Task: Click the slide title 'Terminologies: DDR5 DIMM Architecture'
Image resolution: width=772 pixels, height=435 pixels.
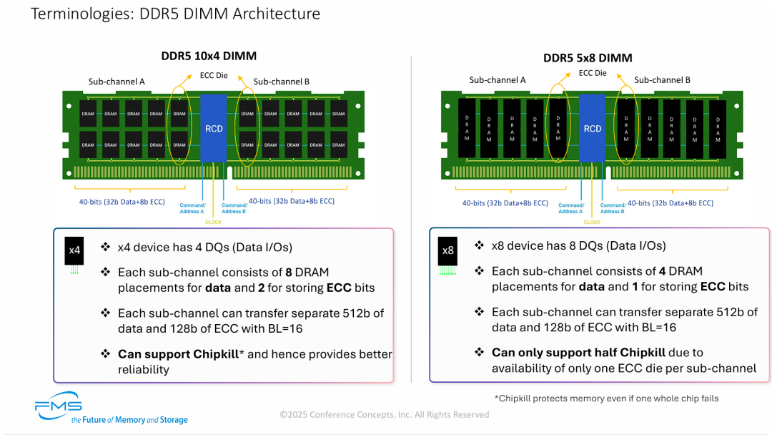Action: click(x=175, y=14)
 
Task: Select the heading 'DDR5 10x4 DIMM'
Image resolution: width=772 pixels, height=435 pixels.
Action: click(x=208, y=56)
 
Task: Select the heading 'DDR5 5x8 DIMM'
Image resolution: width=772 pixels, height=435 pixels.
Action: click(x=588, y=58)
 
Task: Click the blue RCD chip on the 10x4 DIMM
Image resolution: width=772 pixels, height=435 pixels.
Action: click(x=214, y=127)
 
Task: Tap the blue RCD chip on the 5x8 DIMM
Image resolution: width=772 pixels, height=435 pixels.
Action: click(x=592, y=129)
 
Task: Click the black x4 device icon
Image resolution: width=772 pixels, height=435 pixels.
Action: click(x=75, y=251)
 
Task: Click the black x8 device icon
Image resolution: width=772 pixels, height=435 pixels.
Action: click(x=448, y=251)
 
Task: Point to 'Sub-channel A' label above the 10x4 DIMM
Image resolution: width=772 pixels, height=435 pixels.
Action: click(x=117, y=82)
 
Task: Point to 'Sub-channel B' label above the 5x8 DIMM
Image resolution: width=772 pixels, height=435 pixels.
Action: click(x=662, y=80)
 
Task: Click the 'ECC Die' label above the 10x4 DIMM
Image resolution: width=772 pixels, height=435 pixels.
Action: click(x=213, y=75)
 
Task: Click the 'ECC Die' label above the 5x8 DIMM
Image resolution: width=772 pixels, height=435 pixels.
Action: click(x=592, y=73)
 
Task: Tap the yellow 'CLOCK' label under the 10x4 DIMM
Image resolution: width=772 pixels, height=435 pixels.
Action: click(x=213, y=222)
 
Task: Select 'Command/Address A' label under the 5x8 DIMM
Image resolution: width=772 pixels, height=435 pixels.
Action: click(x=570, y=208)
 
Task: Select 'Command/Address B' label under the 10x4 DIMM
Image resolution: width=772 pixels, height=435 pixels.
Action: click(x=234, y=208)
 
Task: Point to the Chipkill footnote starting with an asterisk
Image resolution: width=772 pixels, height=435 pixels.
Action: click(x=606, y=398)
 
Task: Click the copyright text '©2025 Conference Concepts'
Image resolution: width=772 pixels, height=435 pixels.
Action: click(x=384, y=414)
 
